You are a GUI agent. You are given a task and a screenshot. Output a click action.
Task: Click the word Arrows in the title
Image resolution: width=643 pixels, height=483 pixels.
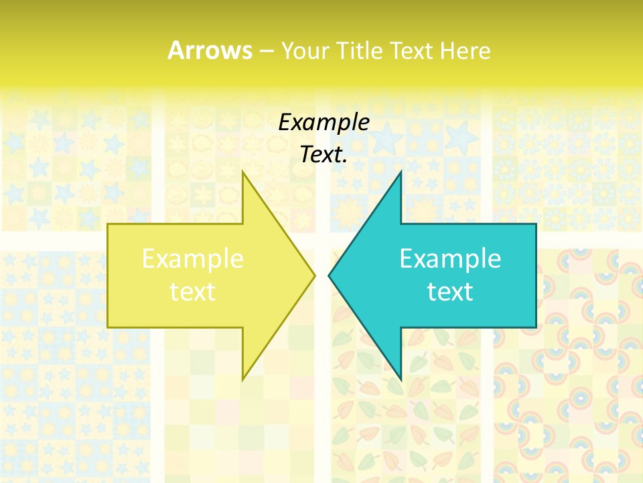[x=210, y=50]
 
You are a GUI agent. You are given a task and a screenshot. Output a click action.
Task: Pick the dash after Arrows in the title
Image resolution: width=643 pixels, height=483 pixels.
[x=266, y=51]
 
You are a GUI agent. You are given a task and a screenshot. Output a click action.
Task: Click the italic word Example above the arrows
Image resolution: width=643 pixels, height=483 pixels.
[x=324, y=122]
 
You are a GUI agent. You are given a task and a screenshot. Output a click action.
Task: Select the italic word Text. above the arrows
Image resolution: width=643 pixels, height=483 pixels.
[x=324, y=155]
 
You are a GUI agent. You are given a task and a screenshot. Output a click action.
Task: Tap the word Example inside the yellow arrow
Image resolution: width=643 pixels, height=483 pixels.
[x=193, y=259]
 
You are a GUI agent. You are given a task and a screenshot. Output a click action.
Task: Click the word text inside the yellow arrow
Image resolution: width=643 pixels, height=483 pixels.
[x=193, y=292]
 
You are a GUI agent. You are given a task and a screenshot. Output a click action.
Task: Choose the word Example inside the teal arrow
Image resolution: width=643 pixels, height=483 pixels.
[x=450, y=259]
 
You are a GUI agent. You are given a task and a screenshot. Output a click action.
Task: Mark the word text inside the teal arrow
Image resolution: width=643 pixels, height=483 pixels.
[x=450, y=292]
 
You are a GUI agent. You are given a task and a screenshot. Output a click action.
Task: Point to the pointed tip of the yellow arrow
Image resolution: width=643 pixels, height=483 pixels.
[x=314, y=275]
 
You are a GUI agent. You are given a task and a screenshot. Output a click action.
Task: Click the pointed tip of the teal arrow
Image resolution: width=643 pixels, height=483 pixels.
[x=330, y=275]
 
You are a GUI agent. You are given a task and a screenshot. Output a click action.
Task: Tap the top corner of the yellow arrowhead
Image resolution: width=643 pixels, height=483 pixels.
[x=243, y=172]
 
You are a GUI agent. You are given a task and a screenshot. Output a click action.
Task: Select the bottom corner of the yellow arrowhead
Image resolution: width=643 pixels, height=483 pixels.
[x=243, y=379]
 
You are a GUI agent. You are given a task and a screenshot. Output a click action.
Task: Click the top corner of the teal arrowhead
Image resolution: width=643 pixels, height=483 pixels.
[x=401, y=172]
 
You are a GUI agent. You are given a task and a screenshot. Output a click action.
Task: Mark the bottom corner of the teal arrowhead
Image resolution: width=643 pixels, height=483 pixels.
[x=401, y=379]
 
